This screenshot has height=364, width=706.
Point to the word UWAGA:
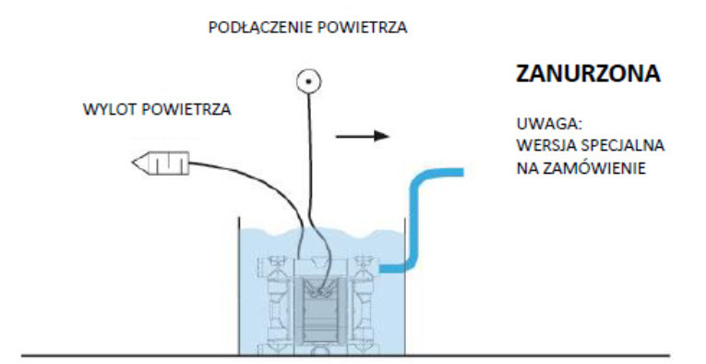pyautogui.click(x=542, y=123)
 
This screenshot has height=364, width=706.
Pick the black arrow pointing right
pyautogui.click(x=362, y=137)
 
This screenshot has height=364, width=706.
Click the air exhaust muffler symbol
pyautogui.click(x=162, y=165)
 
